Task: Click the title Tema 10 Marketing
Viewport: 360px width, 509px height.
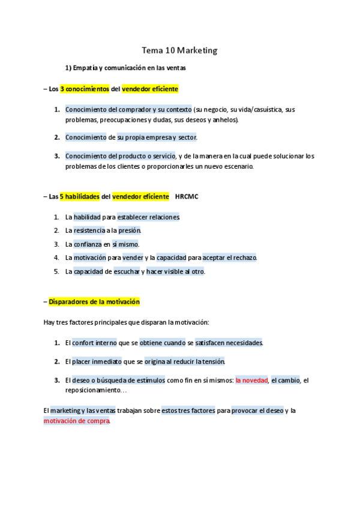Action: (x=179, y=51)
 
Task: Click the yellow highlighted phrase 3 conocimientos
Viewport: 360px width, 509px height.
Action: (x=85, y=89)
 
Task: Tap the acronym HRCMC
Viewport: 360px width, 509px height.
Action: (x=186, y=196)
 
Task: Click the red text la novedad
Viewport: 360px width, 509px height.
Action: (x=251, y=380)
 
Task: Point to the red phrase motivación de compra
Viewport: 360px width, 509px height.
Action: (x=77, y=421)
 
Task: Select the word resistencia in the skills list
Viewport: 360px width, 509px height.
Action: (x=89, y=230)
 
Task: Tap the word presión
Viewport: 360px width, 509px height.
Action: (x=129, y=230)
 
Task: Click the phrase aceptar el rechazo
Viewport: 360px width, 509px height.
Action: (x=230, y=258)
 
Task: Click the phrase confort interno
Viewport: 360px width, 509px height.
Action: (x=95, y=343)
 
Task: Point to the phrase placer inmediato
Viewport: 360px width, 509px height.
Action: (x=97, y=361)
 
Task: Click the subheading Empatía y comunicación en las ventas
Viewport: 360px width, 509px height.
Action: (x=130, y=68)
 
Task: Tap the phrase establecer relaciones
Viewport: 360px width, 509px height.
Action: (x=148, y=217)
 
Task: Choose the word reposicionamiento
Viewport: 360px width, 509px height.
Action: (x=95, y=390)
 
